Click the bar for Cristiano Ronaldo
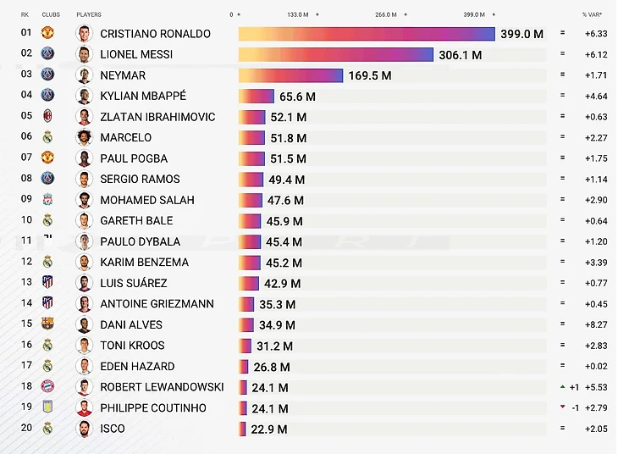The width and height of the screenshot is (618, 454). coord(366,34)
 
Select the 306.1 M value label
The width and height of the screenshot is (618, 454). coord(459,55)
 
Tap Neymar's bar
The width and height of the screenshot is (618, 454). coord(290,75)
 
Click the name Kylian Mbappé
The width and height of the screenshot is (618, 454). coord(143,96)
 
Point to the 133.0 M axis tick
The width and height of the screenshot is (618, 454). coord(297,14)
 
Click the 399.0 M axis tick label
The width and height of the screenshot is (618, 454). coord(474,14)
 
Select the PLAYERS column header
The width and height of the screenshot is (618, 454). coord(89,14)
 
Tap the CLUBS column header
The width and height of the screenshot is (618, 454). coord(51,14)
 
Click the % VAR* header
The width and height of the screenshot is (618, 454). coord(592,14)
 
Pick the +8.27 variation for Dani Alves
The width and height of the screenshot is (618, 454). coord(596,324)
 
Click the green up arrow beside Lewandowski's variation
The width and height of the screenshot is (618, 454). coord(561,386)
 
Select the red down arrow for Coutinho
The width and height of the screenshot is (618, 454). coord(561,407)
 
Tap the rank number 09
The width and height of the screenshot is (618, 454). coord(26,200)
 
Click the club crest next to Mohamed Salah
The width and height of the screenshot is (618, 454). coord(47,200)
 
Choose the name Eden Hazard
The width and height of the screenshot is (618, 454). coord(137,366)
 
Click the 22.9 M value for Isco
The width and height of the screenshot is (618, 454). coord(268,429)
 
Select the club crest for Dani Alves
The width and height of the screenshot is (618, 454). coord(47,324)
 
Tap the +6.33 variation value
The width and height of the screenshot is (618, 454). coord(596,34)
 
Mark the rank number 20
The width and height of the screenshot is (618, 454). coord(26,428)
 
